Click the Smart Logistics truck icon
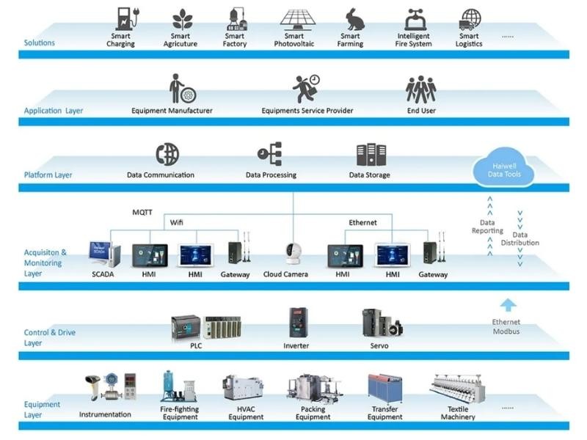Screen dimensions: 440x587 pyautogui.click(x=469, y=18)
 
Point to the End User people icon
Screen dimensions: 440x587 pyautogui.click(x=421, y=89)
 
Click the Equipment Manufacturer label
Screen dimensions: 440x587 pyautogui.click(x=172, y=111)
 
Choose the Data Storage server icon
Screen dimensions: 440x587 pyautogui.click(x=370, y=155)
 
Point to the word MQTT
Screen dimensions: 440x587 pyautogui.click(x=142, y=212)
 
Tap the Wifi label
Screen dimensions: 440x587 pyautogui.click(x=177, y=221)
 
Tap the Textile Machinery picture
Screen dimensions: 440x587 pyautogui.click(x=457, y=389)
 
